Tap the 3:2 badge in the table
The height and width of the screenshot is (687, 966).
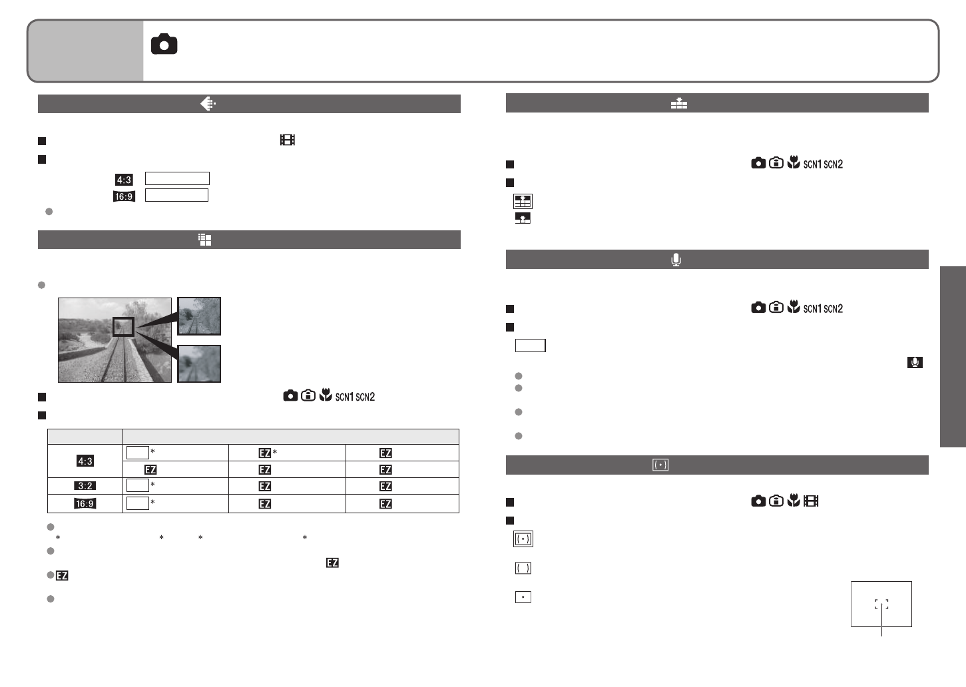point(85,485)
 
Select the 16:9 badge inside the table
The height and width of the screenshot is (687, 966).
point(85,503)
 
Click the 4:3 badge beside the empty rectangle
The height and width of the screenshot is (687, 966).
point(124,179)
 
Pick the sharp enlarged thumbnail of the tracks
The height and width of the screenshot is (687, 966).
point(199,316)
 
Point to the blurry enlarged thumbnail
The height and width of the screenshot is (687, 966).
point(199,363)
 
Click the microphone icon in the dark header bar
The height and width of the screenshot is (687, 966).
point(676,260)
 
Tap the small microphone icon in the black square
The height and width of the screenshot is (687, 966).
point(915,362)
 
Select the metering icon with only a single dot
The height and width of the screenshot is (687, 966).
point(523,597)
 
